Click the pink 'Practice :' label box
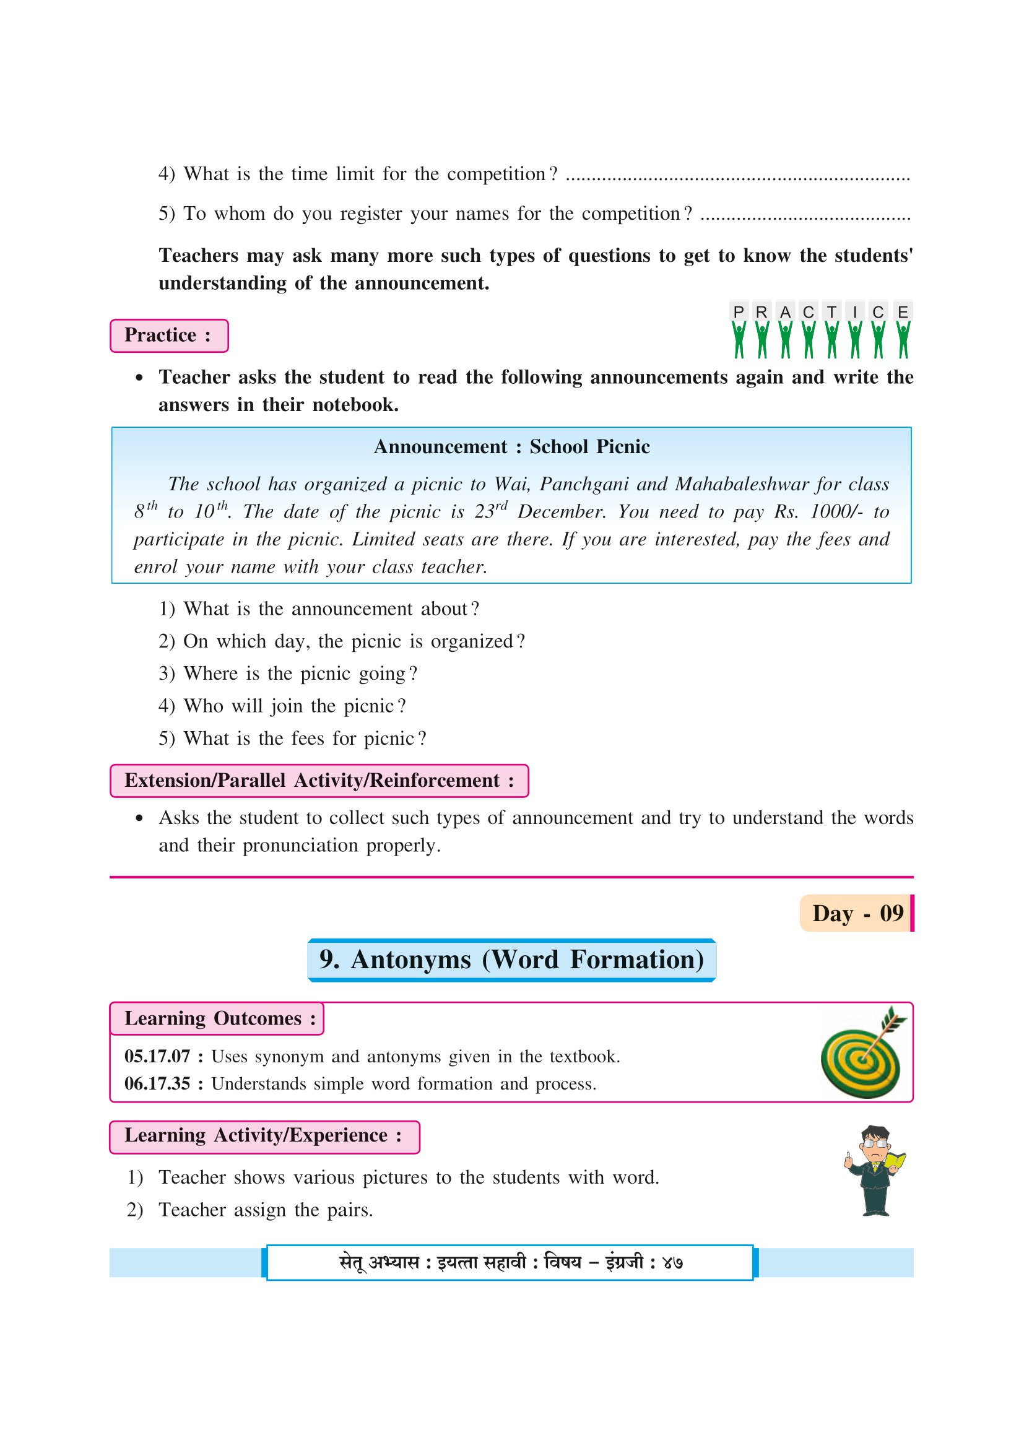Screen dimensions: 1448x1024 coord(168,336)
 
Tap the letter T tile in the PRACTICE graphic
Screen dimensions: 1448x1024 coord(831,312)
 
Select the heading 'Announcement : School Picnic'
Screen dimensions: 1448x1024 coord(511,446)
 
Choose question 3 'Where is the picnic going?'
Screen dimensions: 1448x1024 coord(288,674)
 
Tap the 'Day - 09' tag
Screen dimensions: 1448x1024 coord(856,913)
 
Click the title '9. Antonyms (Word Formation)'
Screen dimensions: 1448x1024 coord(511,959)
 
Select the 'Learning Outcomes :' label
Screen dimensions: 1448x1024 coord(217,1018)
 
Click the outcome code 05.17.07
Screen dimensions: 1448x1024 coord(157,1056)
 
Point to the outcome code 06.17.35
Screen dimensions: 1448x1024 coord(157,1083)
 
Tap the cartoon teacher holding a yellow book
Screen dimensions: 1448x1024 coord(875,1171)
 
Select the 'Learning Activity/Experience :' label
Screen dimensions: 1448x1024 coord(264,1135)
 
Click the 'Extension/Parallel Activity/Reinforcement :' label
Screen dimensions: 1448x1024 coord(319,781)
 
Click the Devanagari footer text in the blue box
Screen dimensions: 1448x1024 coord(510,1262)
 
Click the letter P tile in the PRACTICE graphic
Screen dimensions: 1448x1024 coord(739,312)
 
